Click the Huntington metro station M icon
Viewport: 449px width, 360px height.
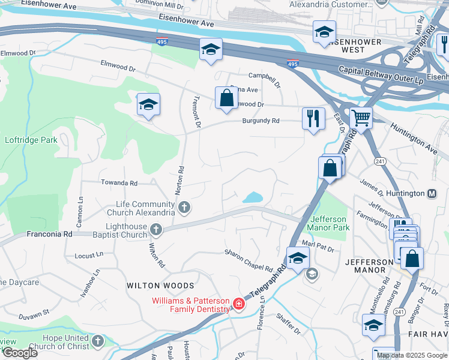[431, 194]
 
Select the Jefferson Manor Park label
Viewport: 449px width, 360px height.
[328, 223]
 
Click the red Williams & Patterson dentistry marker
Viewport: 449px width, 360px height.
[239, 304]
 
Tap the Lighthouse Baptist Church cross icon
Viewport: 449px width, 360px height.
[155, 230]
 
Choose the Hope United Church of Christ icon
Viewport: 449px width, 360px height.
[98, 341]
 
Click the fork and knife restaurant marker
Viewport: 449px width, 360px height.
[313, 118]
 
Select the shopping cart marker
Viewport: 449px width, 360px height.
[361, 118]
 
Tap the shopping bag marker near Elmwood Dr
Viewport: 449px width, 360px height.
[226, 98]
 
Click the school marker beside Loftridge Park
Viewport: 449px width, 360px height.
[148, 105]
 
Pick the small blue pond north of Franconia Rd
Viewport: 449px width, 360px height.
[252, 197]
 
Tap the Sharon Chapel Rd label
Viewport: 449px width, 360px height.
[249, 260]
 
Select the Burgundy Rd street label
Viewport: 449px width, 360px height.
[261, 121]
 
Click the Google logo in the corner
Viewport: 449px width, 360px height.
[20, 353]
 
